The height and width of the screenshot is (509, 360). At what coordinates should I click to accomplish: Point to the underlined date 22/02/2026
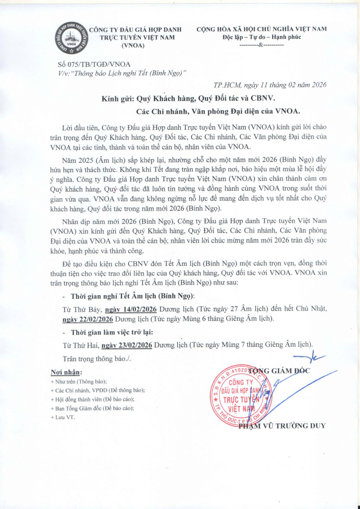[88, 319]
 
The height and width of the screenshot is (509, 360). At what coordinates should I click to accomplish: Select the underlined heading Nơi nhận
[66, 373]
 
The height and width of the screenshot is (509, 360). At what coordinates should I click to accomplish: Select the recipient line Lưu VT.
[63, 417]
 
